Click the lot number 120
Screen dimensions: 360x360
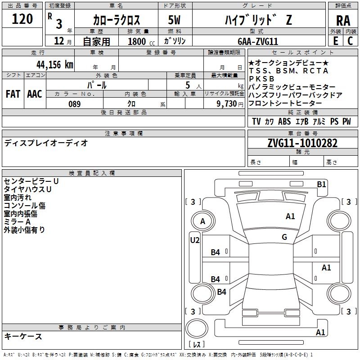coord(22,19)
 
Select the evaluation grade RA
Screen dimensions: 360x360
coord(343,21)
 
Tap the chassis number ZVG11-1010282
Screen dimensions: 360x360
coord(302,144)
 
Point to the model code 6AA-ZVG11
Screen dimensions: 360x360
coord(258,41)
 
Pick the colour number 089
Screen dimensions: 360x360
coord(74,104)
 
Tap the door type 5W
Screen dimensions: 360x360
coord(174,20)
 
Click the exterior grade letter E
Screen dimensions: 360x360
coord(335,41)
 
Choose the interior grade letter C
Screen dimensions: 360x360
coord(350,41)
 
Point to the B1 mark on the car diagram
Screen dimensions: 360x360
coord(321,184)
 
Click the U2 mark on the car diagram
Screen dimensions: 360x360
coord(194,240)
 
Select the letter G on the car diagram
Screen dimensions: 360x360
coord(284,237)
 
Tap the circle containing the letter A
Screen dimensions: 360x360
coord(202,221)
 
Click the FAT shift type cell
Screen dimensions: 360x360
coord(13,94)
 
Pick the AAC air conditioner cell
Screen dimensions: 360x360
coord(35,94)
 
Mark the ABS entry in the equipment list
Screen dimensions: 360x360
coord(284,121)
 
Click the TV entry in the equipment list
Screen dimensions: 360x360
coord(256,121)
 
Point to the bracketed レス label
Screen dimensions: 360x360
coord(196,345)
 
